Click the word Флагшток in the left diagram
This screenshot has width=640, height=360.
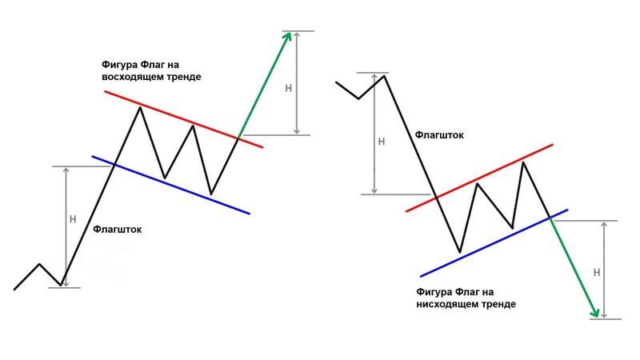(117, 230)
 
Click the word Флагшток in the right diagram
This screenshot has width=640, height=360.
(439, 135)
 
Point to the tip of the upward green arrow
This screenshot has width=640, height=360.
(290, 33)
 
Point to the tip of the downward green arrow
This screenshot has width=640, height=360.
(597, 317)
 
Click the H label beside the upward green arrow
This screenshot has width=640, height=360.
(289, 88)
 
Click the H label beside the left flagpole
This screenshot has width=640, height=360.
(73, 219)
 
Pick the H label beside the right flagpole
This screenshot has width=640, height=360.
(382, 142)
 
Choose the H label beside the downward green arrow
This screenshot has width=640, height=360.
(597, 273)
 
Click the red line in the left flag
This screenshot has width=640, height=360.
(184, 119)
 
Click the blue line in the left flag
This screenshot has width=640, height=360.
(170, 185)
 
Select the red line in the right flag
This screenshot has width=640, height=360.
(479, 178)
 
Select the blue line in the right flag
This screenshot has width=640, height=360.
(494, 243)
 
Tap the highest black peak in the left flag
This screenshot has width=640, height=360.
(140, 107)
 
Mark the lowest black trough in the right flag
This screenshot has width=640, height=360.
(459, 252)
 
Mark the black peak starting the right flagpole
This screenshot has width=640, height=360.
(384, 76)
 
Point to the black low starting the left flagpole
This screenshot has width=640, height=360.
(62, 285)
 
